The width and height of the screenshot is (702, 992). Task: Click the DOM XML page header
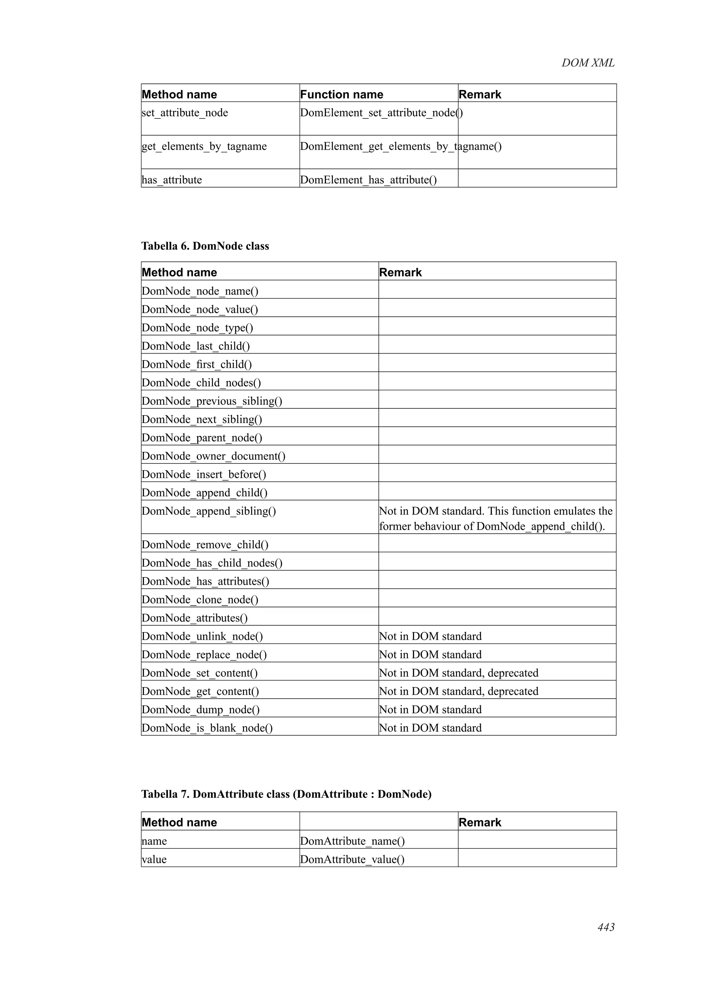point(588,63)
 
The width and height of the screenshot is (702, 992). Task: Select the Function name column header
point(341,94)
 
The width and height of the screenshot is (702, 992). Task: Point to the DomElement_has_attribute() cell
point(368,180)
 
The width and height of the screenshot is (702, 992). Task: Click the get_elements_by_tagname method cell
point(204,147)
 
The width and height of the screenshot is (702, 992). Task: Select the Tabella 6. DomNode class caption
point(205,246)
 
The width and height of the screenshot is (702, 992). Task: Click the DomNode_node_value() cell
point(200,309)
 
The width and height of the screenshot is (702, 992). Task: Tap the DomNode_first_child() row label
point(196,364)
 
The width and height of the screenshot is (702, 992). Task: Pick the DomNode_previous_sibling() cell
point(212,401)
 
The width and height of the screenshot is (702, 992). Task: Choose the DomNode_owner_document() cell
point(213,456)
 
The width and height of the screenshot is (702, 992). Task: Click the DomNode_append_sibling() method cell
point(208,511)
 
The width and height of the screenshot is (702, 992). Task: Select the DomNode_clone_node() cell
point(200,599)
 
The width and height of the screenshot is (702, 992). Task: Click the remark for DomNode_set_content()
point(459,673)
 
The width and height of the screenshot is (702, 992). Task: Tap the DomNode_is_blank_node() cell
point(207,728)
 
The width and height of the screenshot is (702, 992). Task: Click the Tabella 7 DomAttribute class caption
point(286,794)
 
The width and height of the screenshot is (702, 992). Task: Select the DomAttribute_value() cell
point(352,860)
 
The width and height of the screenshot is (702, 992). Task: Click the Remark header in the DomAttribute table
point(480,822)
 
